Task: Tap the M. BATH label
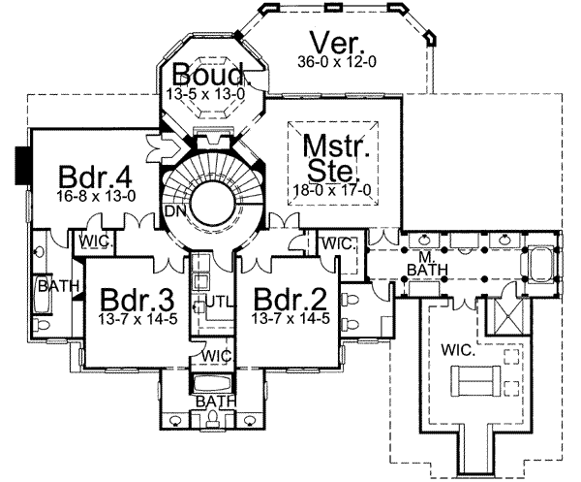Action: click(x=418, y=263)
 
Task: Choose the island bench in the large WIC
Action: click(x=474, y=381)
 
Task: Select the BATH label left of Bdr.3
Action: click(x=51, y=286)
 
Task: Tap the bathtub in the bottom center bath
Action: click(x=211, y=384)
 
